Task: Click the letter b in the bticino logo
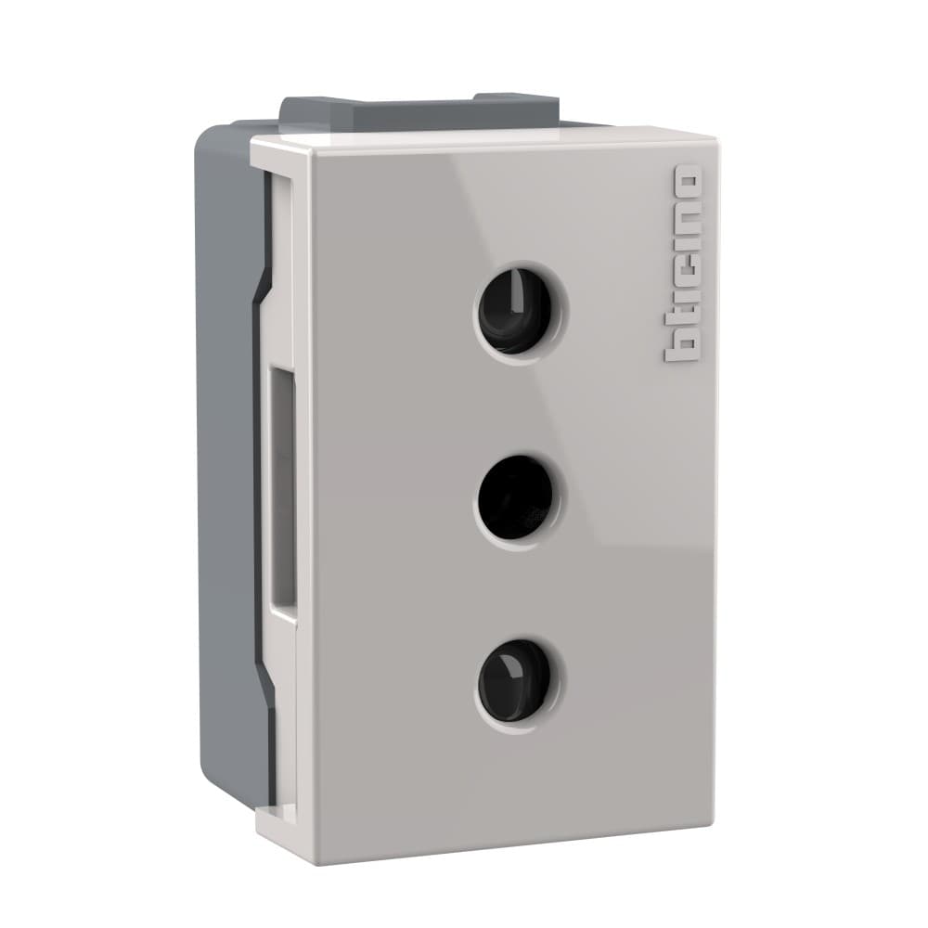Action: (x=685, y=344)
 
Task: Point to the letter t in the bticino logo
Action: (x=685, y=314)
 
